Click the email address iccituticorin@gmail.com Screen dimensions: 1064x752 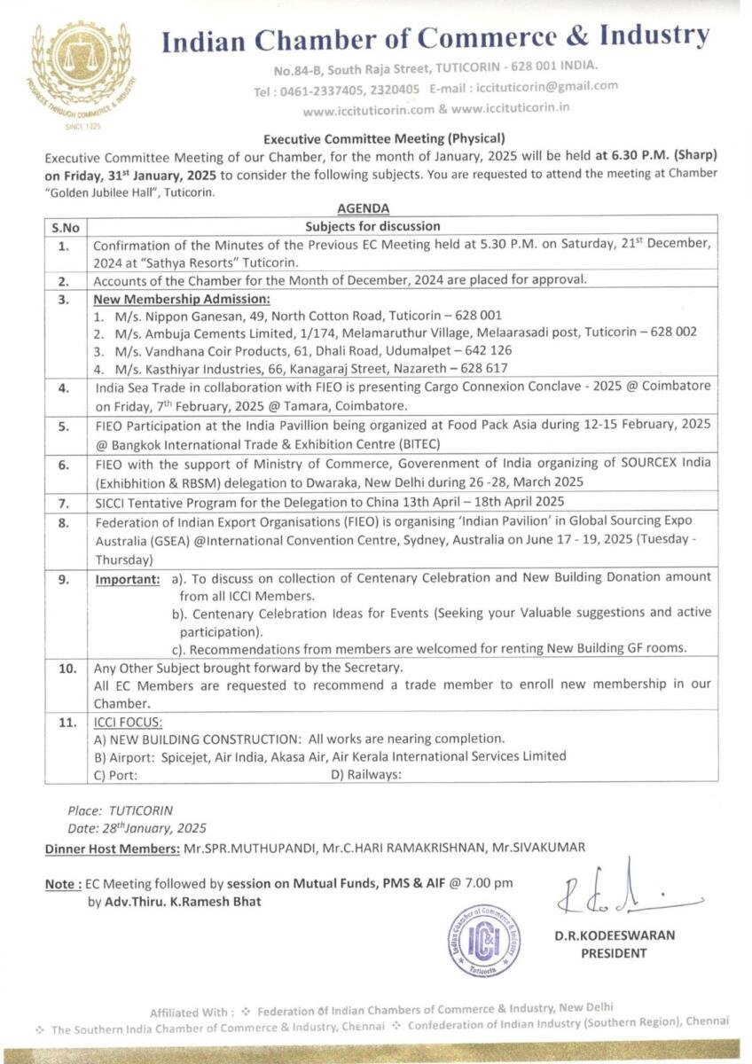tap(547, 87)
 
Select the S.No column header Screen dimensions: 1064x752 tap(65, 227)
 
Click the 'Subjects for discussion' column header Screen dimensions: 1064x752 tap(372, 227)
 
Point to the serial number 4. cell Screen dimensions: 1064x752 tap(64, 388)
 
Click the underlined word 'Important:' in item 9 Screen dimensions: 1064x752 tap(128, 578)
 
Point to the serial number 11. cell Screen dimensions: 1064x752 tap(67, 723)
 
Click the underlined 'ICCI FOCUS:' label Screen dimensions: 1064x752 tap(129, 723)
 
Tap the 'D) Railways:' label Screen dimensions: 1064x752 tap(366, 774)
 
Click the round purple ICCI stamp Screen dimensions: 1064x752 tap(483, 940)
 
